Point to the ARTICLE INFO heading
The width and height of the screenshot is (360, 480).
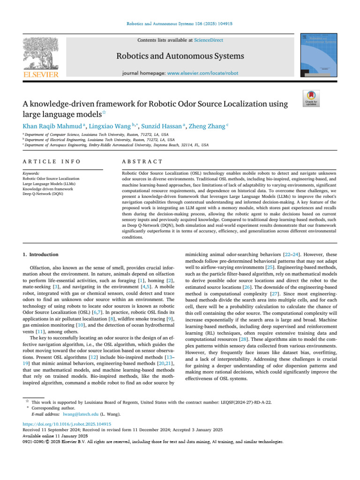(x=52, y=161)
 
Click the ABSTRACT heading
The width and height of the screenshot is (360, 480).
(x=142, y=161)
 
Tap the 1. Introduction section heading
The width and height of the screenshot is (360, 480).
(x=41, y=254)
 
